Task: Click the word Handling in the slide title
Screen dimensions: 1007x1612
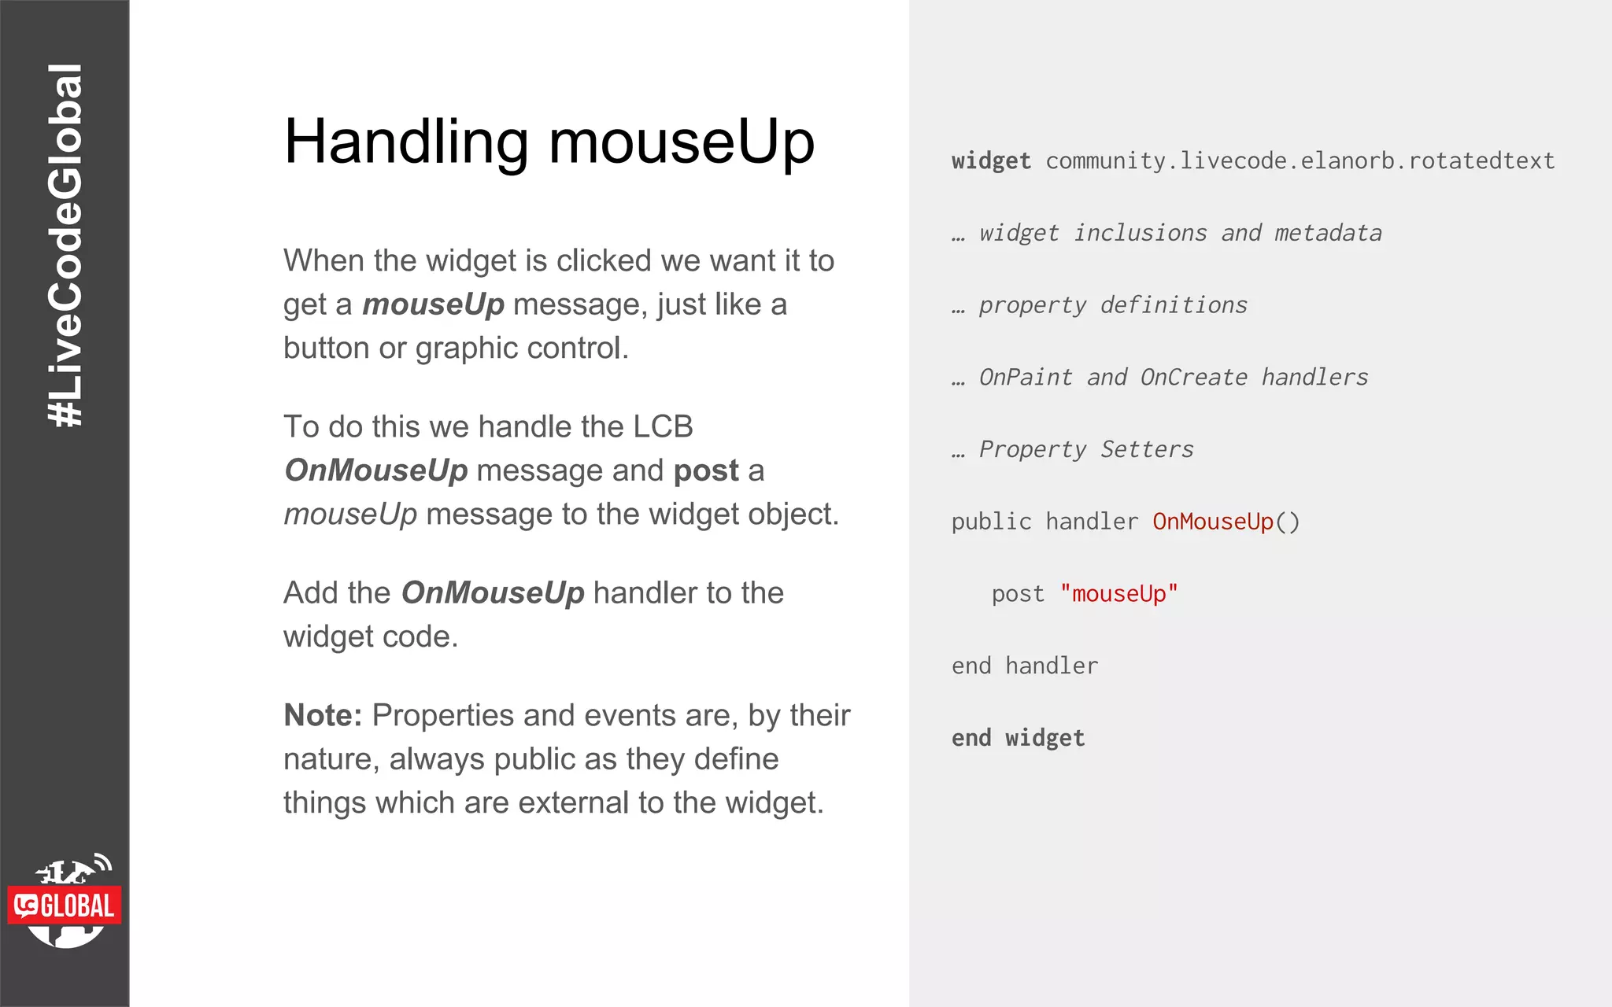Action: tap(406, 142)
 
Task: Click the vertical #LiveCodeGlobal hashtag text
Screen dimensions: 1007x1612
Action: tap(65, 245)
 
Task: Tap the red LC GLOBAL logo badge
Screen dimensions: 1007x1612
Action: tap(65, 906)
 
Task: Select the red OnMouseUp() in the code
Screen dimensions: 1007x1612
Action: tap(1225, 522)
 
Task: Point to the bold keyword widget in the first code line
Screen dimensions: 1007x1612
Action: tap(990, 161)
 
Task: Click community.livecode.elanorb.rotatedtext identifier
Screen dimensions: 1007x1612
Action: tap(1300, 161)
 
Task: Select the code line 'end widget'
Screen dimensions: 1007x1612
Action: tap(1018, 738)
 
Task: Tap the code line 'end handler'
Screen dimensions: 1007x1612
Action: tap(1024, 666)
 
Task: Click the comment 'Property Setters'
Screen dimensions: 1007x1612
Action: tap(1085, 449)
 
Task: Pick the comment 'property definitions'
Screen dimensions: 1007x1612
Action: tap(1112, 305)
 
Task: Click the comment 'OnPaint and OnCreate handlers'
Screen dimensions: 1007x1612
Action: tap(1173, 378)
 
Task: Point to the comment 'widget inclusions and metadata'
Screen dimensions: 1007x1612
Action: tap(1180, 233)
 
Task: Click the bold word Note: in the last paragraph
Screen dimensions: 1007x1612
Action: tap(323, 715)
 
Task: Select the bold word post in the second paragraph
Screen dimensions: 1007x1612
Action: tap(706, 470)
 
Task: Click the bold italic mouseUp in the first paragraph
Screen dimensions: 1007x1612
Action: tap(433, 304)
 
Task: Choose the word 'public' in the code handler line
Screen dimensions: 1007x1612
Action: tap(990, 522)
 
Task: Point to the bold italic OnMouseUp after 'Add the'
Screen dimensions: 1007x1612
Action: tap(493, 593)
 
